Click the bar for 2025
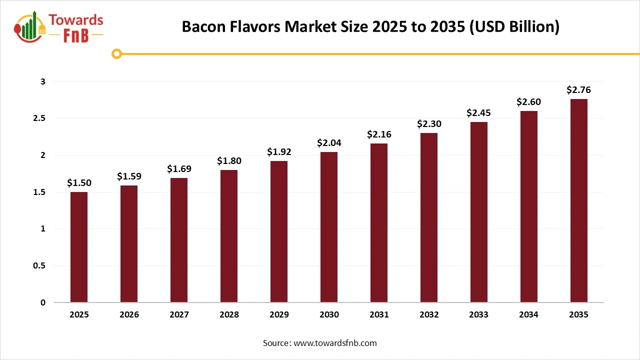point(79,247)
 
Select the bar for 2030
point(329,227)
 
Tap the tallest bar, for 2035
point(579,200)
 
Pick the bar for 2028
point(229,236)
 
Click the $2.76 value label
point(579,90)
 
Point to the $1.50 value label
point(79,183)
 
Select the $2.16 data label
point(379,134)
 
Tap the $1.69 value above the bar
point(179,169)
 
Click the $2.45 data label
point(479,113)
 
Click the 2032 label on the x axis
point(429,315)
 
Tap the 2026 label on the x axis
point(129,315)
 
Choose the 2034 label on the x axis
point(529,315)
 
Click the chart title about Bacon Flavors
point(370,26)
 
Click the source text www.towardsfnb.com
point(320,343)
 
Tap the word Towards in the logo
point(75,20)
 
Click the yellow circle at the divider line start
point(117,53)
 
